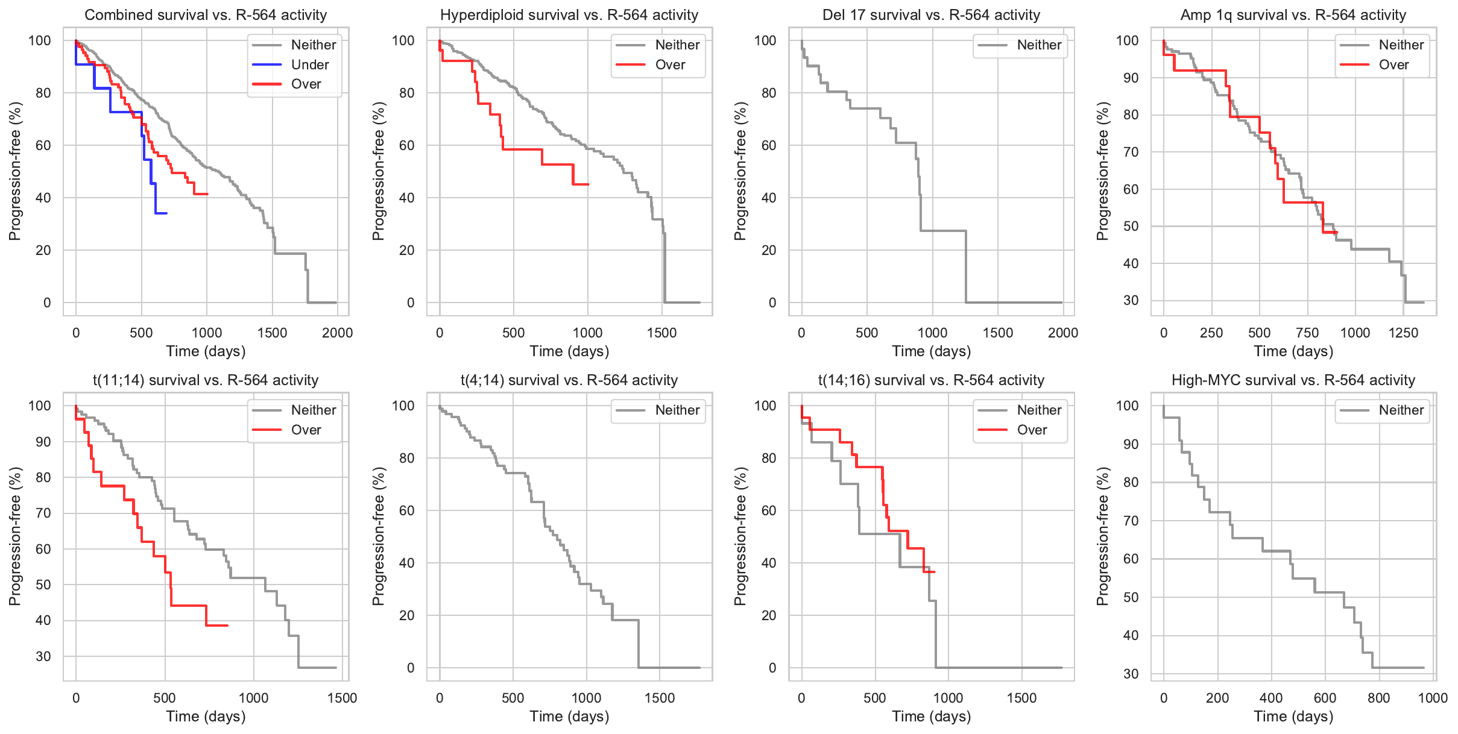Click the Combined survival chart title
click(206, 14)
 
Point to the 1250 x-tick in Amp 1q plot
click(1403, 333)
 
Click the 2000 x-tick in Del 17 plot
click(1062, 333)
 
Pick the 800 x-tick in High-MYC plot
click(1379, 698)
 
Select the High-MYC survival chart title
click(1293, 380)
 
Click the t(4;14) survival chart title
click(569, 380)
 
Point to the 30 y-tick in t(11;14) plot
click(43, 656)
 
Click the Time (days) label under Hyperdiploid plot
click(569, 351)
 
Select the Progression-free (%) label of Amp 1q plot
click(1102, 171)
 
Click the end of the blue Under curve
click(166, 213)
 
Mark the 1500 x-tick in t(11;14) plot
click(342, 698)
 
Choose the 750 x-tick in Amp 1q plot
click(1307, 333)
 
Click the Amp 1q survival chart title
click(1293, 14)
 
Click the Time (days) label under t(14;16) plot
click(932, 717)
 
